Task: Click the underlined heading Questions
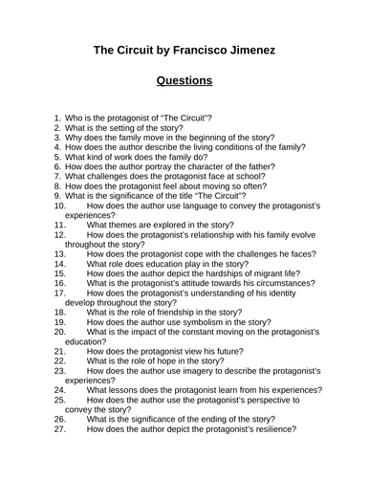184,81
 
